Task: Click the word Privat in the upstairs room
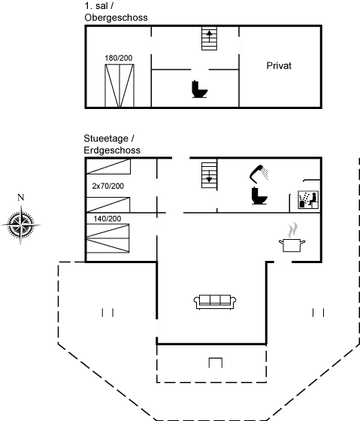pyautogui.click(x=279, y=66)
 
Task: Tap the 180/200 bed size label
pyautogui.click(x=119, y=58)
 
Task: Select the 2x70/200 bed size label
pyautogui.click(x=108, y=186)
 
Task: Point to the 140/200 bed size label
pyautogui.click(x=107, y=219)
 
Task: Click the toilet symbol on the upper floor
pyautogui.click(x=199, y=89)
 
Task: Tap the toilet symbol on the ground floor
pyautogui.click(x=259, y=195)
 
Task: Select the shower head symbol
pyautogui.click(x=259, y=173)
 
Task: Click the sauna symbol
pyautogui.click(x=308, y=200)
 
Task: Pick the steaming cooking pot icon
pyautogui.click(x=292, y=238)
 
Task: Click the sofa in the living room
pyautogui.click(x=215, y=301)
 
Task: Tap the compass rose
pyautogui.click(x=21, y=225)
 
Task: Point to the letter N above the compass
pyautogui.click(x=21, y=197)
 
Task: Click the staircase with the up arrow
pyautogui.click(x=209, y=38)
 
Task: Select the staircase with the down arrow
pyautogui.click(x=209, y=175)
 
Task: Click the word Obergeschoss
pyautogui.click(x=116, y=18)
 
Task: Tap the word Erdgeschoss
pyautogui.click(x=112, y=150)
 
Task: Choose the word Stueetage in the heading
pyautogui.click(x=106, y=139)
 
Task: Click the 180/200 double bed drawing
pyautogui.click(x=119, y=86)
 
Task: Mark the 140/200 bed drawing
pyautogui.click(x=108, y=238)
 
